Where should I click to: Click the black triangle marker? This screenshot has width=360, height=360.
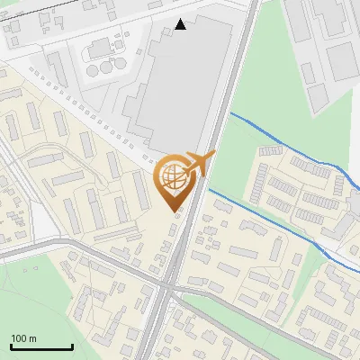181,24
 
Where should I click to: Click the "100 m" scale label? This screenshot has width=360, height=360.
23,338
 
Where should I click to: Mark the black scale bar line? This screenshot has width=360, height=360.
41,347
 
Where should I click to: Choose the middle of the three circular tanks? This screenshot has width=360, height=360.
106,67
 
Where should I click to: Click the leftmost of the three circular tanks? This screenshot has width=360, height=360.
94,70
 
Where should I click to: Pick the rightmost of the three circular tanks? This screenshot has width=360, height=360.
118,64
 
